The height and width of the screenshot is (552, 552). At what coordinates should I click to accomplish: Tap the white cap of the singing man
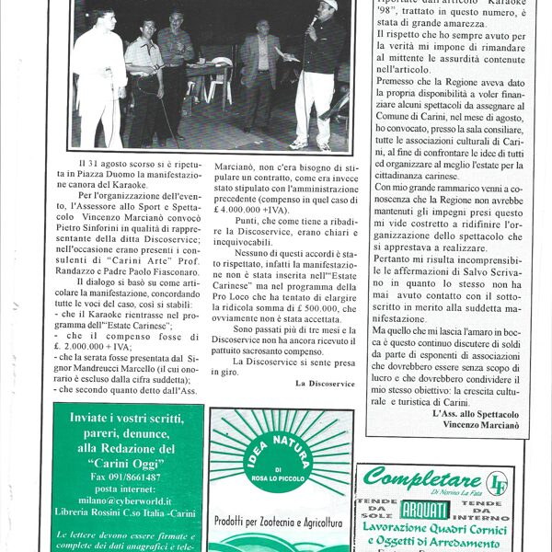point(328,5)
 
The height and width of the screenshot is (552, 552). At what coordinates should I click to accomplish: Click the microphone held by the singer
point(314,18)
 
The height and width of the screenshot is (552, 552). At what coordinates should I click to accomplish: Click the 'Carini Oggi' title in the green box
point(126,463)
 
